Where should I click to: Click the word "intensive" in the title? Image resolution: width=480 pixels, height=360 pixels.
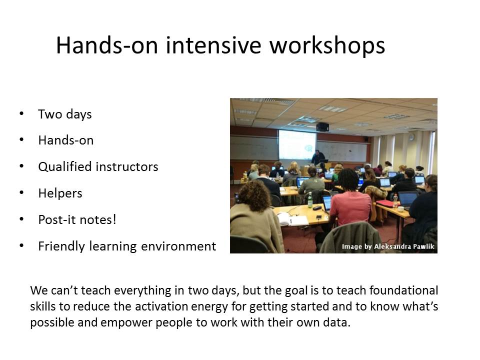[213, 45]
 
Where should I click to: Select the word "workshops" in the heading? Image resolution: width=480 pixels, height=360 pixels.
[327, 45]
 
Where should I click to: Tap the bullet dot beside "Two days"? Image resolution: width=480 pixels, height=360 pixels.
[21, 113]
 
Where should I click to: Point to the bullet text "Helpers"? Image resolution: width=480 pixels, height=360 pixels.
[60, 193]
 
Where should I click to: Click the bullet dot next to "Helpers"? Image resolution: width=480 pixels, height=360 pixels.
[21, 193]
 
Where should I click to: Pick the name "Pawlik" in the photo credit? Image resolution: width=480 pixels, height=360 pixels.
[423, 246]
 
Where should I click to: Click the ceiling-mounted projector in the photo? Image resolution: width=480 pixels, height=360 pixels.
[322, 126]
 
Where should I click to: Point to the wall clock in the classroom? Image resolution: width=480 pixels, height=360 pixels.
[412, 137]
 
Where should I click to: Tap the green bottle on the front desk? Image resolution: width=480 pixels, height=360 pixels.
[310, 200]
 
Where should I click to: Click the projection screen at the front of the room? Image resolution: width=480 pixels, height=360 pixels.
[297, 145]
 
